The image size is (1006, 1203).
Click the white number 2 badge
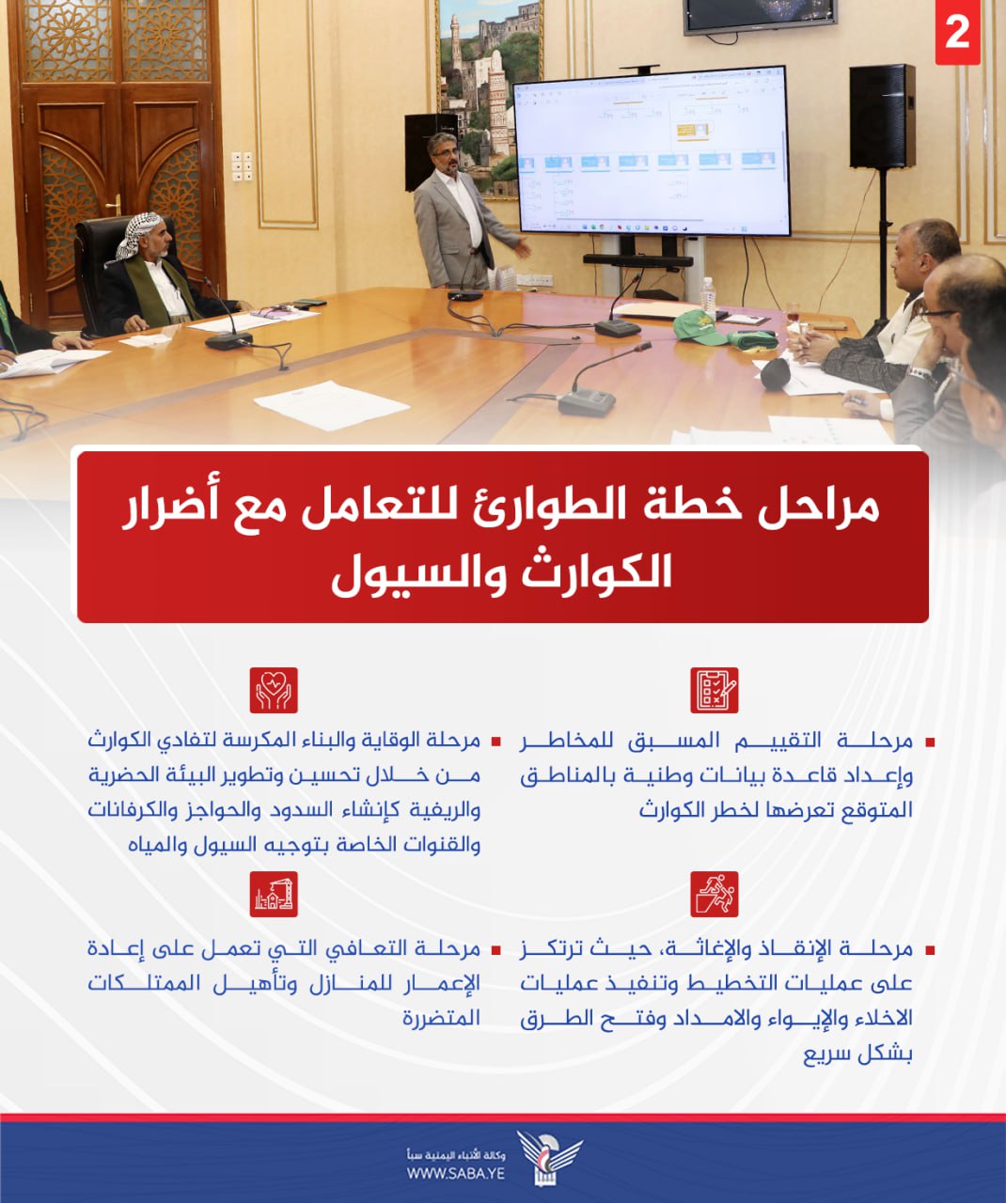pos(957,34)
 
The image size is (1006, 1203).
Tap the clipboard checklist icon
pos(715,690)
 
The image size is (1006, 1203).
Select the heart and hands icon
pos(274,690)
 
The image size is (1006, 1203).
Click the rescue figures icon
pos(715,894)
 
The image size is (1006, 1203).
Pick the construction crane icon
pos(274,894)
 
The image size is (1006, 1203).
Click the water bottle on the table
pos(709,299)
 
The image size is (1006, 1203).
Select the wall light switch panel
pos(242,166)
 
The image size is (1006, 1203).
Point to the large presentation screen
pos(651,151)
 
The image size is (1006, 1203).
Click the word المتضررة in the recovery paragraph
pos(442,1019)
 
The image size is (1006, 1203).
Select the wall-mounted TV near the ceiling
pos(760,16)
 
